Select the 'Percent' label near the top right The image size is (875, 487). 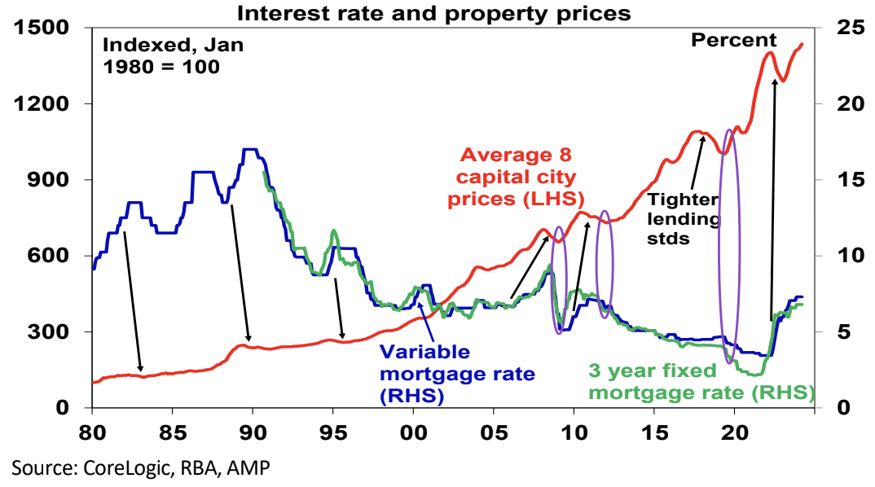(733, 40)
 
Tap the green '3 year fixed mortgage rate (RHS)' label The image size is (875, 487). (701, 382)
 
